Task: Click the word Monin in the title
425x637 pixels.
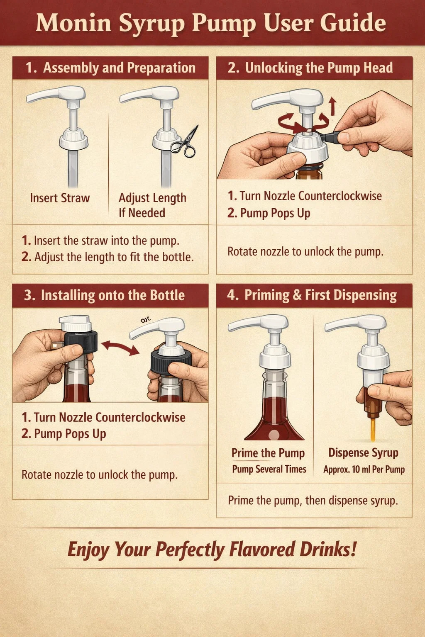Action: (x=73, y=23)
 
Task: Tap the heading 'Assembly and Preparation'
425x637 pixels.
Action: (x=119, y=68)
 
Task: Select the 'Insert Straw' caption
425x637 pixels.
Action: (x=60, y=198)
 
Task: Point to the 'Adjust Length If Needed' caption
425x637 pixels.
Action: (x=152, y=205)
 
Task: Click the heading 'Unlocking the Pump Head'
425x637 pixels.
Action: (x=319, y=68)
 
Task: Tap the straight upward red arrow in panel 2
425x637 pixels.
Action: (x=332, y=106)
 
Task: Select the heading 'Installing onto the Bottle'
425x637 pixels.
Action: (x=113, y=295)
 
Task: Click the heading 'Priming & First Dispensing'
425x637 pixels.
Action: (x=320, y=295)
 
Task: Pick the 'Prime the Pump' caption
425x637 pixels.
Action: (x=268, y=453)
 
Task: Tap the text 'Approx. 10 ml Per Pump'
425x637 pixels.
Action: (x=364, y=469)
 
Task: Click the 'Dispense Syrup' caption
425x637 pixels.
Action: (x=363, y=453)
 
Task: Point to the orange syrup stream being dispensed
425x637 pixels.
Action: (x=373, y=430)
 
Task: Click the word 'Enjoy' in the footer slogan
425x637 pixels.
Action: (x=88, y=549)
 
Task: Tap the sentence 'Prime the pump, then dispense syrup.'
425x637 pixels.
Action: (x=313, y=501)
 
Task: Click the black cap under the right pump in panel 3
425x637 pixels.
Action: (x=171, y=362)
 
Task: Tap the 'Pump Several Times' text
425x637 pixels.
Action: (x=269, y=469)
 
